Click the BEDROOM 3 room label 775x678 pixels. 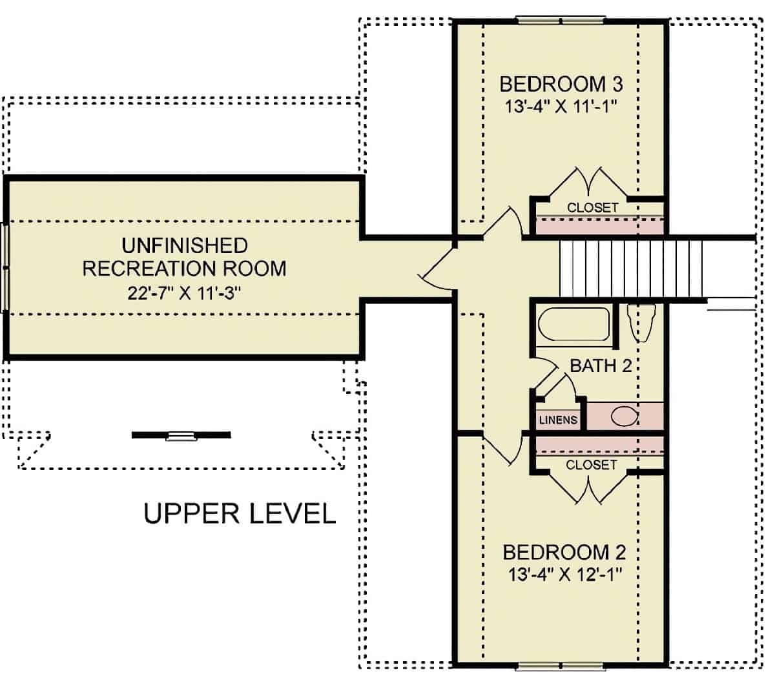coord(561,84)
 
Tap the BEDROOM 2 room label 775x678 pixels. coord(564,553)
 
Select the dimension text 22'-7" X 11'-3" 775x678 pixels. coord(184,293)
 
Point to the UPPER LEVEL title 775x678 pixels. coord(240,514)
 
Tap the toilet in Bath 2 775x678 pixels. coord(642,323)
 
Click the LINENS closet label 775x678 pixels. coord(558,420)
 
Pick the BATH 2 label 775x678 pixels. coord(600,366)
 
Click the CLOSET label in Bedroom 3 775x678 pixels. coord(592,208)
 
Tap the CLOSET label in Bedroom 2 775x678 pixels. coord(591,465)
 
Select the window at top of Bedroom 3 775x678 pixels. coord(561,20)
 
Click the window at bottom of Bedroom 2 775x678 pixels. coord(561,665)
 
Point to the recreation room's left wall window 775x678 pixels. coord(6,267)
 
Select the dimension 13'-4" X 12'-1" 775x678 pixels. coord(564,575)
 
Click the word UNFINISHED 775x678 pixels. coord(184,245)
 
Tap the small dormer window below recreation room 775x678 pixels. coord(181,436)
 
